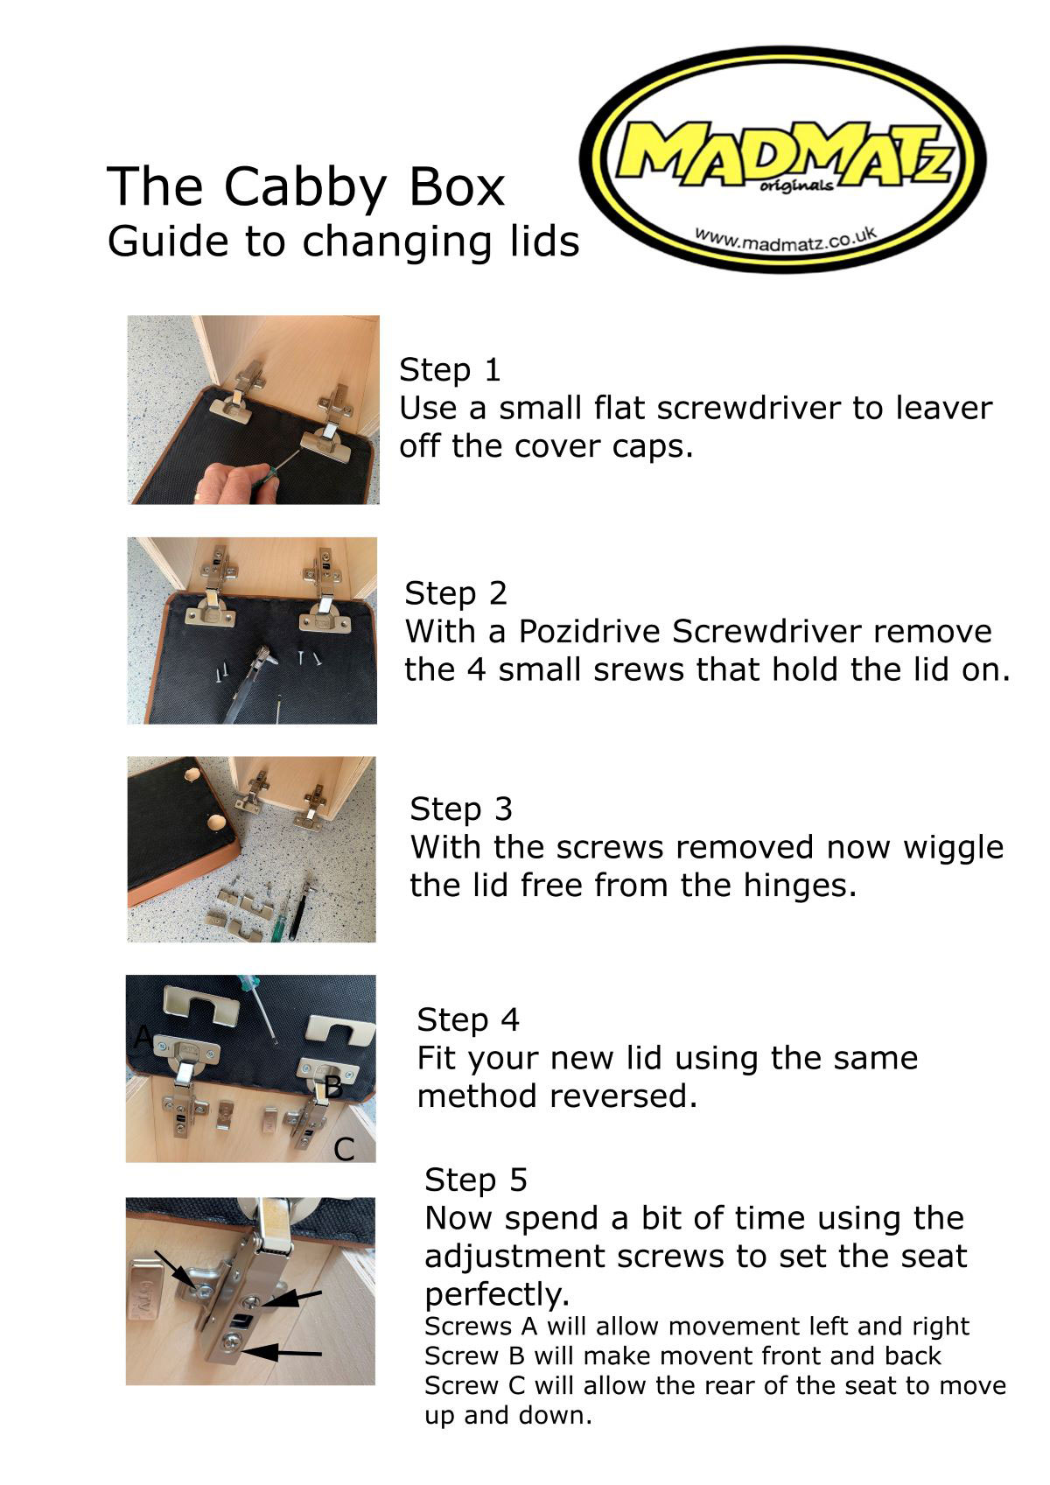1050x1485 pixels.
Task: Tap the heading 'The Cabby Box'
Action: [306, 186]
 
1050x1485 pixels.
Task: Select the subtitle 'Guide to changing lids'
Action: [343, 242]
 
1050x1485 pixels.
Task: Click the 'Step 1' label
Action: [450, 370]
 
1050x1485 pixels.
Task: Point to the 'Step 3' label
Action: [461, 809]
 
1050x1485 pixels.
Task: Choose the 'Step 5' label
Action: [476, 1180]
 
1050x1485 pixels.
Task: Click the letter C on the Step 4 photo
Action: [344, 1149]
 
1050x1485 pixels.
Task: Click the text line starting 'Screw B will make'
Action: [682, 1355]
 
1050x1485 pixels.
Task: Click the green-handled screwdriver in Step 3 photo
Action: [282, 914]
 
